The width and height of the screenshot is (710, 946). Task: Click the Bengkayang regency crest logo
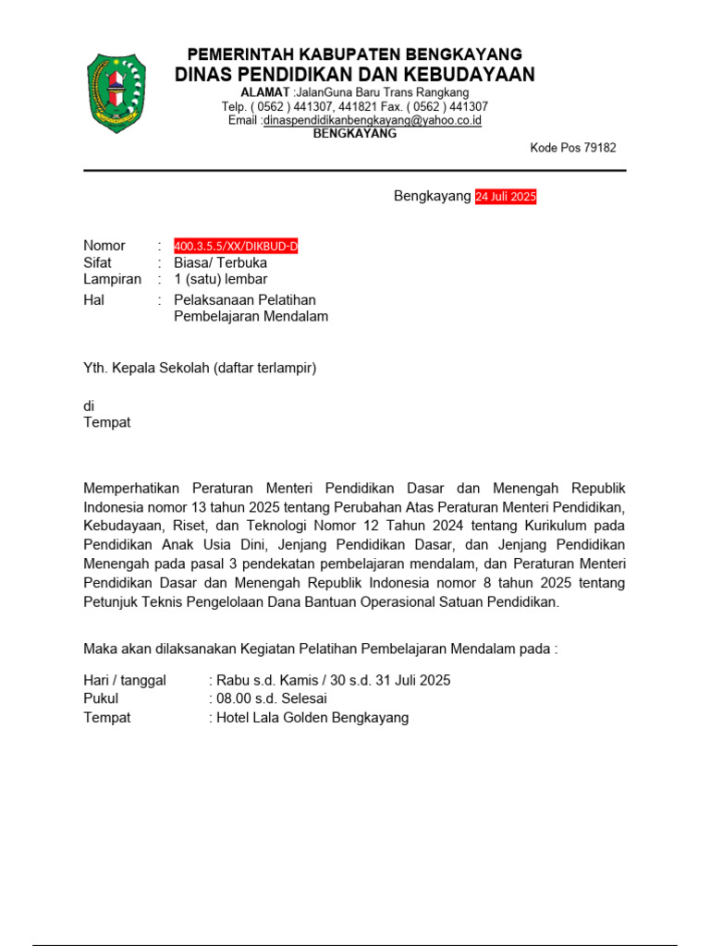pyautogui.click(x=116, y=92)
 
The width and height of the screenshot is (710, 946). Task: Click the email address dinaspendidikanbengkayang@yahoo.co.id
pyautogui.click(x=372, y=120)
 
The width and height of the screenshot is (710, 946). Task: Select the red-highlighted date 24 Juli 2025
pyautogui.click(x=506, y=197)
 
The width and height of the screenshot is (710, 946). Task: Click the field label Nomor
pyautogui.click(x=104, y=246)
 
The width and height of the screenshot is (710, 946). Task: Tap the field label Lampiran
pyautogui.click(x=112, y=279)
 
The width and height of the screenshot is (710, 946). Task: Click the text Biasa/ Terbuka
pyautogui.click(x=220, y=262)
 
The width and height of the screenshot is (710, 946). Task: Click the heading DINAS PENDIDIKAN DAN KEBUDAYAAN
pyautogui.click(x=355, y=75)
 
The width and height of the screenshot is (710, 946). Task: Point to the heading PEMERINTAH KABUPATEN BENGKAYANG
pyautogui.click(x=355, y=54)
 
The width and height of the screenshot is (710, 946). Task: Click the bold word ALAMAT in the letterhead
pyautogui.click(x=264, y=93)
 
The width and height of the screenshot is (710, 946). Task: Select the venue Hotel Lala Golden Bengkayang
pyautogui.click(x=312, y=718)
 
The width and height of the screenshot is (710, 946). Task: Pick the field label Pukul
pyautogui.click(x=101, y=698)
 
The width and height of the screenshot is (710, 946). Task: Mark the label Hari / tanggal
pyautogui.click(x=125, y=680)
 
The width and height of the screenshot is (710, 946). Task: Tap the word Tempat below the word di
pyautogui.click(x=107, y=422)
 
